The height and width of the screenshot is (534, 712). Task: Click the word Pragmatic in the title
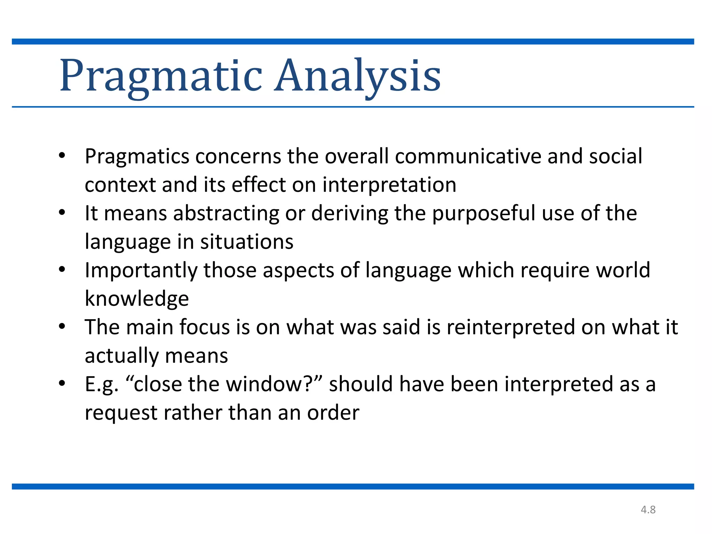coord(161,76)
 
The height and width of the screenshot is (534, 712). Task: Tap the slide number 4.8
coord(648,510)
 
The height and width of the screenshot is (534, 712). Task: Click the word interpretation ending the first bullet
coord(389,185)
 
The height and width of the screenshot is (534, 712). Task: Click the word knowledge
coord(137,299)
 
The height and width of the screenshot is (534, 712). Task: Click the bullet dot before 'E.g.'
coord(62,383)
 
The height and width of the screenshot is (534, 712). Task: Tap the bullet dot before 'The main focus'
coord(62,326)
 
